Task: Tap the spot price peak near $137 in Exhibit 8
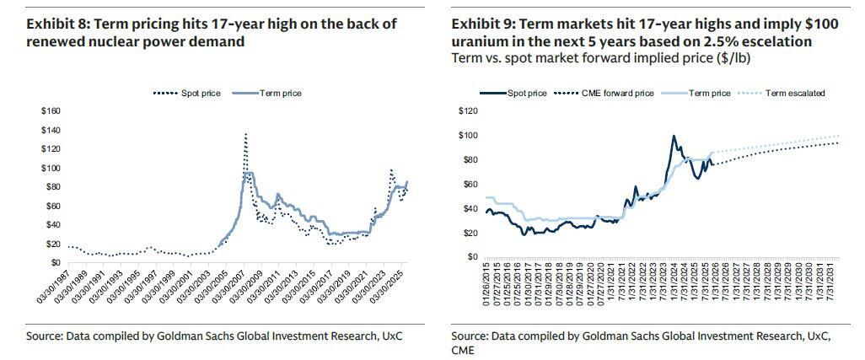[x=245, y=133]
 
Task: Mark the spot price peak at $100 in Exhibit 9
[x=673, y=136]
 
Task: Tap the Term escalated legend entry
[x=794, y=93]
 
